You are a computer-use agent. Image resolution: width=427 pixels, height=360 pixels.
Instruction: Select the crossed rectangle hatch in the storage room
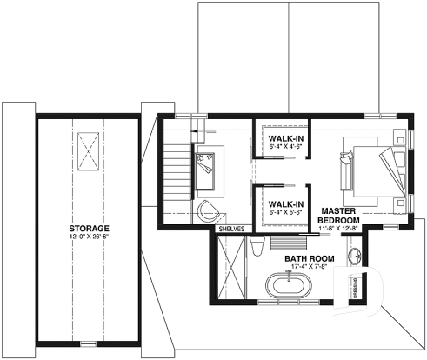click(x=88, y=150)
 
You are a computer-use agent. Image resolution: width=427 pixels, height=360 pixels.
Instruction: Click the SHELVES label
click(x=231, y=229)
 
